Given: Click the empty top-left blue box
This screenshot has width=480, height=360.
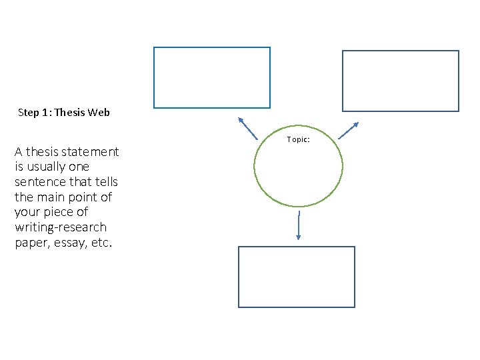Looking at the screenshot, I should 212,77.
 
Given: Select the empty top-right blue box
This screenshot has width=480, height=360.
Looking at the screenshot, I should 401,81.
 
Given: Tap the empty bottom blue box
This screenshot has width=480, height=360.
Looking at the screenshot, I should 297,277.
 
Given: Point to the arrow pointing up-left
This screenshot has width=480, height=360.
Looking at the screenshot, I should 247,127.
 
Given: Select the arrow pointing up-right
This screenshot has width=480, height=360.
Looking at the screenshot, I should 349,130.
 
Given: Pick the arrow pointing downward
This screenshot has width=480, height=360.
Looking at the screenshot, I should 299,225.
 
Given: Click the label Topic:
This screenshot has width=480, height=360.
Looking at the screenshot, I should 299,139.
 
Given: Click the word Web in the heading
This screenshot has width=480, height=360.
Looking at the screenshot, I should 98,113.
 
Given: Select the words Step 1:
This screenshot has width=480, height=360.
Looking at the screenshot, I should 35,113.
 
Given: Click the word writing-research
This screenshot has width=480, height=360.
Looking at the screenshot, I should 60,228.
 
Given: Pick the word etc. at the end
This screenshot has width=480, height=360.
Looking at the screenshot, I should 102,243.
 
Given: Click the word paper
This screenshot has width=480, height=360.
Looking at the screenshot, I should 31,243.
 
